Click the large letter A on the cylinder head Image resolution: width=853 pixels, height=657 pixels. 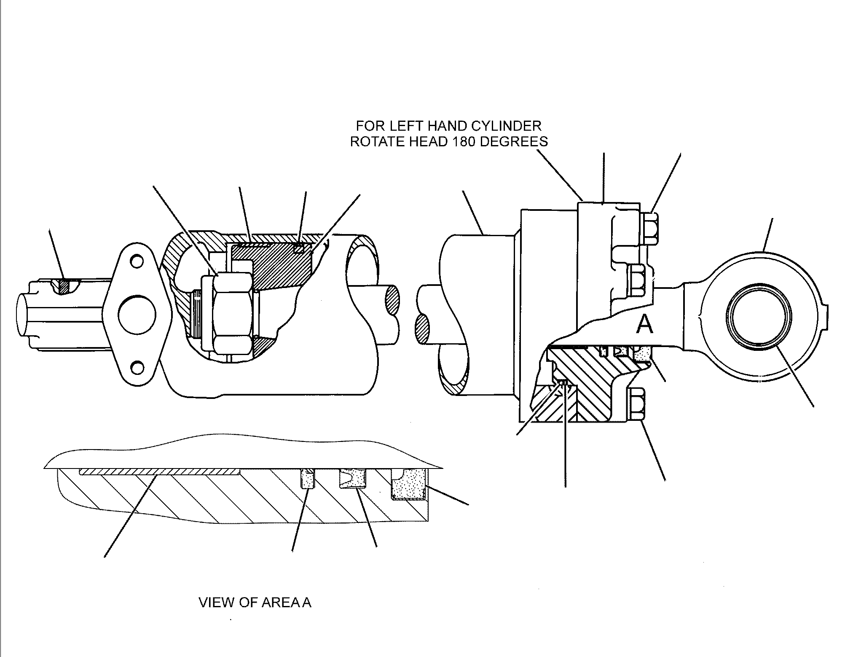coord(645,325)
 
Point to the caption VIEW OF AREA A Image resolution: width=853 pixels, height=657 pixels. coord(255,603)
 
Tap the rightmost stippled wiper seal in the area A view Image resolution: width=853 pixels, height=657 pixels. coord(408,485)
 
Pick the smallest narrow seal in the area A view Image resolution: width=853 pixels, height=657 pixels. coord(308,479)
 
